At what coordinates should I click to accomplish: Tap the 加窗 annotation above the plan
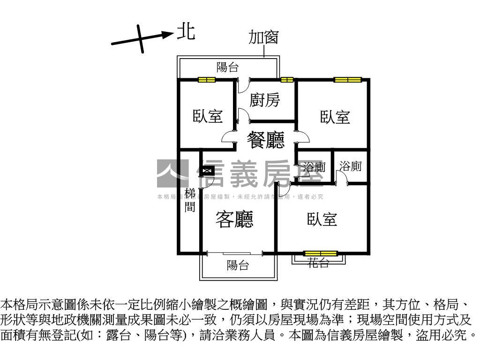point(263,37)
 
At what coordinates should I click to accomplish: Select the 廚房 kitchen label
point(265,100)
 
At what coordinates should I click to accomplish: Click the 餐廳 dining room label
point(266,139)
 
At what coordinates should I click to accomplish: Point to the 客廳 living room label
point(234,219)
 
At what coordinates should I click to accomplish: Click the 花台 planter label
point(318,263)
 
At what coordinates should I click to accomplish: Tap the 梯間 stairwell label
point(190,200)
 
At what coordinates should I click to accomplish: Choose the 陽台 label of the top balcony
point(227,67)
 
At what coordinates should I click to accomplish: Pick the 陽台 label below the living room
point(238,265)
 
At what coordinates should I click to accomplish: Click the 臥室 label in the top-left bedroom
point(208,116)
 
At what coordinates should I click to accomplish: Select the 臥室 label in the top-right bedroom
point(335,117)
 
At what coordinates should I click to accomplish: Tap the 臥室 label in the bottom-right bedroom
point(322,219)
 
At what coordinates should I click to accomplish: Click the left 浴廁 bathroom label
point(314,167)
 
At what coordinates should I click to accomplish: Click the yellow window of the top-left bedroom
point(207,80)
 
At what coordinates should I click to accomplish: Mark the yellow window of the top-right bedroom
point(348,80)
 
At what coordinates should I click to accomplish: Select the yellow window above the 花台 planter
point(320,254)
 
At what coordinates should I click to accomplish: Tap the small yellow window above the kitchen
point(287,80)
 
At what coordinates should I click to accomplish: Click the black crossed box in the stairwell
point(208,171)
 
